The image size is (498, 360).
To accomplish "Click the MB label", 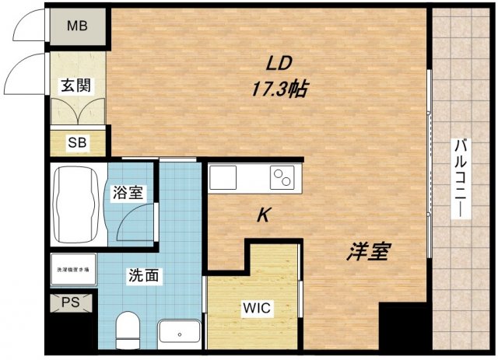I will point(77,26).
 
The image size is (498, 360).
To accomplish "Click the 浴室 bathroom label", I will point(128,192).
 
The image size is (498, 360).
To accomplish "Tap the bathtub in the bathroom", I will point(76,200).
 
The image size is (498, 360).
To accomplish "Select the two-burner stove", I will point(281,177).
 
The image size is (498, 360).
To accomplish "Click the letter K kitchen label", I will point(264,217).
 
